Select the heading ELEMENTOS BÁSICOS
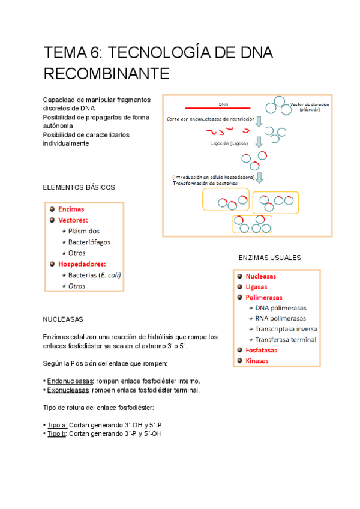pos(79,188)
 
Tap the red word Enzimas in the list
pos(71,209)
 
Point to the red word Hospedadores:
pos(82,264)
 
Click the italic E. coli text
pos(109,275)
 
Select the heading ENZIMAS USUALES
pos(269,258)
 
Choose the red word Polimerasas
pos(264,297)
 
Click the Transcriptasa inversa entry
pos(286,329)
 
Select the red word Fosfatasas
pos(262,350)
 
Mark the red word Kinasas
pos(257,361)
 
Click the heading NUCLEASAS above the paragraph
pos(63,319)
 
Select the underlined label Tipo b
pos(57,433)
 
